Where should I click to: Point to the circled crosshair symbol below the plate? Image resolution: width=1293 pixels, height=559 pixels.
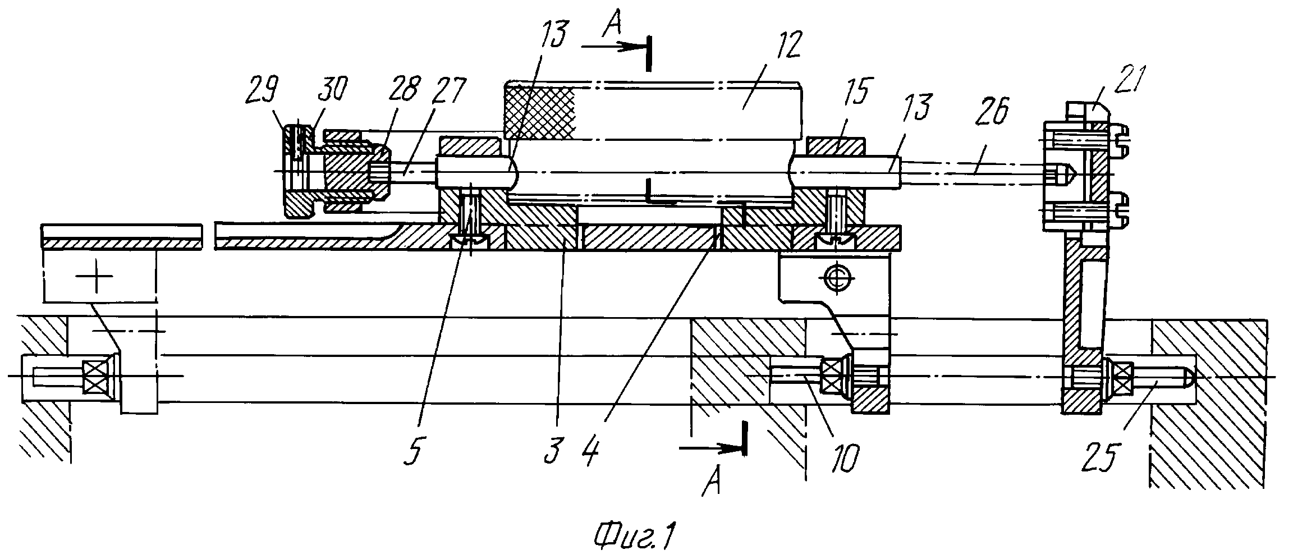point(837,276)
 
